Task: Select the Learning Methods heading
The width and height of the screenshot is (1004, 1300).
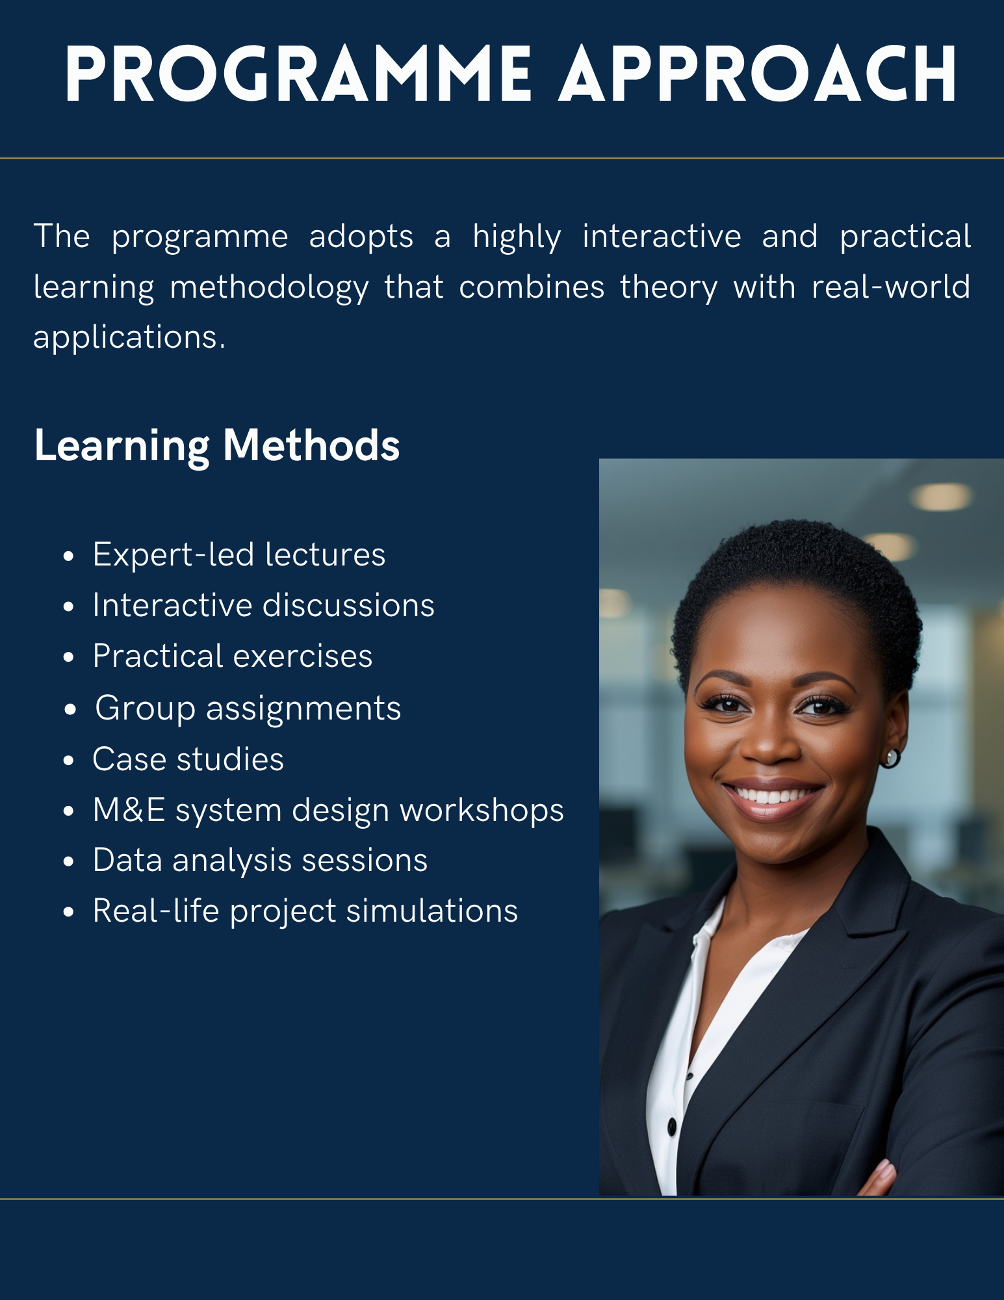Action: (217, 446)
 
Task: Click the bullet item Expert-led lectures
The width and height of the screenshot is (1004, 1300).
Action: (239, 554)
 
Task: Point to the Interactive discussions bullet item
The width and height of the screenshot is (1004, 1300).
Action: (263, 605)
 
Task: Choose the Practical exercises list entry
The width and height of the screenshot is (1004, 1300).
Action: (233, 656)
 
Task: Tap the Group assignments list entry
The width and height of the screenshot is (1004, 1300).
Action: (248, 708)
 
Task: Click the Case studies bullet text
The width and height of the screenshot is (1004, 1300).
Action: (188, 759)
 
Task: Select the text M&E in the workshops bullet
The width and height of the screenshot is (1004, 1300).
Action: (129, 810)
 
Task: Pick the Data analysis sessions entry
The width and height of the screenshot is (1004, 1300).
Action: (260, 860)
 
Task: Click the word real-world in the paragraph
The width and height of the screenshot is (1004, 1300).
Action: (891, 287)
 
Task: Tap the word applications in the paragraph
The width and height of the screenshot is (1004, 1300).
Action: (129, 337)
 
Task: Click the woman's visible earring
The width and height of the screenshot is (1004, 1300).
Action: (890, 758)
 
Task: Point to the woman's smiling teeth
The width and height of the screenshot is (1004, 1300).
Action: (773, 795)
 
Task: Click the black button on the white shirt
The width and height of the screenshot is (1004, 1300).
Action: (672, 1126)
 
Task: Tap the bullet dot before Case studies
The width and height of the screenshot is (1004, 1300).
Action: (69, 760)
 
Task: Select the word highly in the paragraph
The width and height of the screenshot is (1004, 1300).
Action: (517, 237)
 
